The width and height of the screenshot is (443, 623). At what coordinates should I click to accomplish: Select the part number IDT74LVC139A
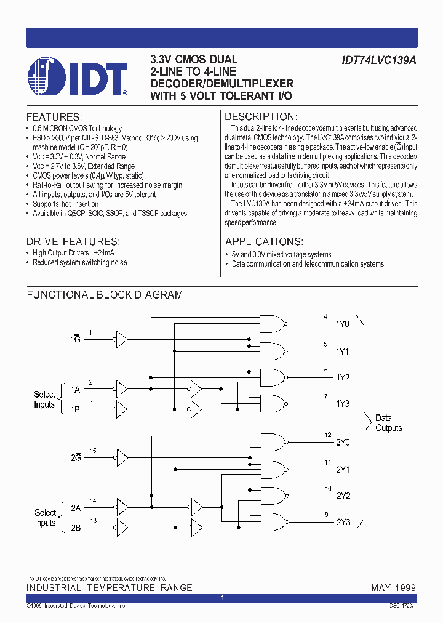point(380,60)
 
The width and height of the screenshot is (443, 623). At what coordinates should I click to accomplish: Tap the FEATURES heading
point(54,117)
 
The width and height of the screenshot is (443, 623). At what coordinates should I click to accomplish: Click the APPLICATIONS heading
point(263,241)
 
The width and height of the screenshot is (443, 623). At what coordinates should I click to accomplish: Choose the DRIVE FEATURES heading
point(73,241)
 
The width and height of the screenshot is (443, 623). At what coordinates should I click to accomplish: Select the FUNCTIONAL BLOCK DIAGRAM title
point(105,295)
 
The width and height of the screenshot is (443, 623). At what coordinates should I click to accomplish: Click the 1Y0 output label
point(342,324)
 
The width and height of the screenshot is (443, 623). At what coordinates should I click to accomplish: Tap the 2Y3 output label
point(343,522)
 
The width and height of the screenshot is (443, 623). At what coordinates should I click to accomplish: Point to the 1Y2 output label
point(343,377)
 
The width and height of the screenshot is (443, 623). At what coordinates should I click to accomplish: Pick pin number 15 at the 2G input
point(93,451)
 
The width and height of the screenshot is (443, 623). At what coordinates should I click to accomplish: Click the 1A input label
point(75,390)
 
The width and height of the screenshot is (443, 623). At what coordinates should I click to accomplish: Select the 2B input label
point(76,528)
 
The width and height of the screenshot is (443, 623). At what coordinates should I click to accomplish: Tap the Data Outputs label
point(389,423)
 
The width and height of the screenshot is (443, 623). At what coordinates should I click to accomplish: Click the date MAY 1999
point(393,588)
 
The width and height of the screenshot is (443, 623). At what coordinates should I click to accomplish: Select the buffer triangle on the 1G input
point(121,339)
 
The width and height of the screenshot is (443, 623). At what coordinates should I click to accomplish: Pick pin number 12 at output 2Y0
point(328,435)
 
